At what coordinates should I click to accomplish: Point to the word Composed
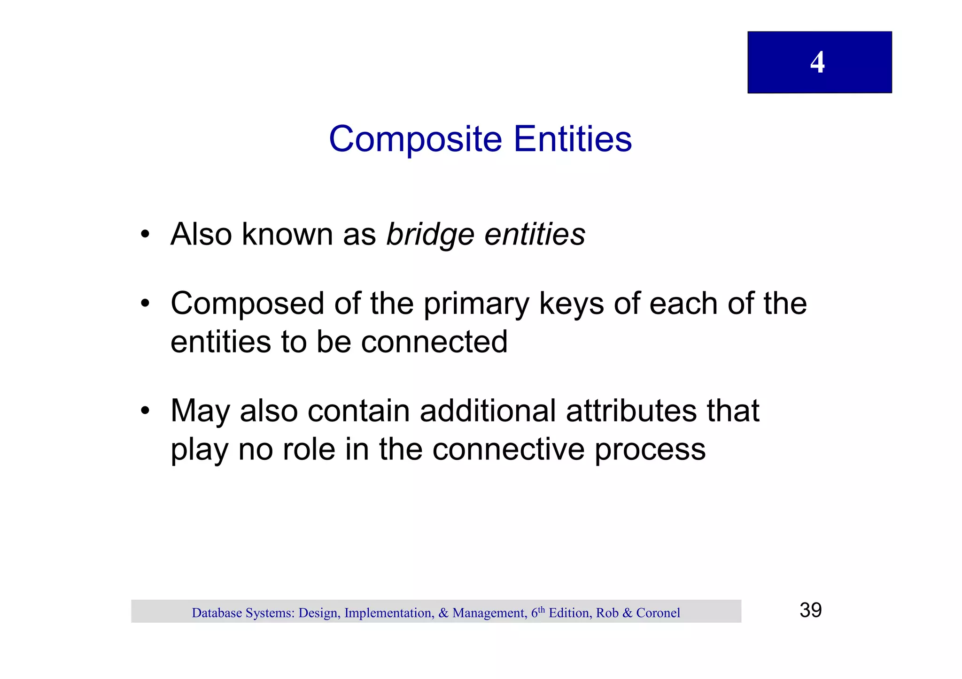pyautogui.click(x=247, y=304)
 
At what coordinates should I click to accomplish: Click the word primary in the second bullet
pyautogui.click(x=476, y=304)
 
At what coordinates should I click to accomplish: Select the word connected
pyautogui.click(x=434, y=342)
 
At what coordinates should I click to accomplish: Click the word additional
pyautogui.click(x=487, y=411)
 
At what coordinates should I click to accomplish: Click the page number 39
pyautogui.click(x=810, y=610)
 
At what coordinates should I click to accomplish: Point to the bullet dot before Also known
pyautogui.click(x=145, y=234)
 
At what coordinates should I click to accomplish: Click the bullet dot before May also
pyautogui.click(x=145, y=411)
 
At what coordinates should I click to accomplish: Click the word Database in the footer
pyautogui.click(x=217, y=613)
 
